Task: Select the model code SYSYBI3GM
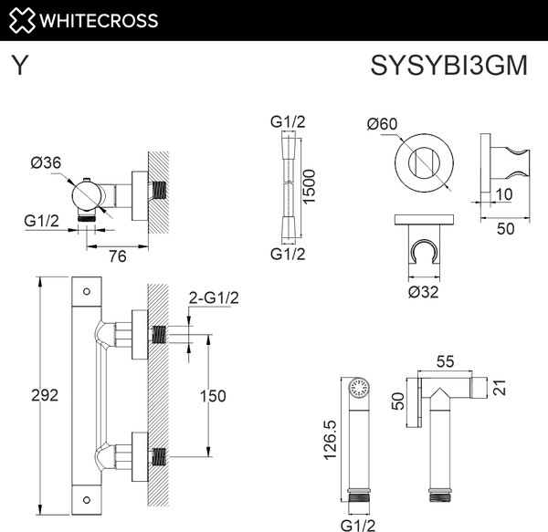coord(448,67)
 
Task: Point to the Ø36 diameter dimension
coord(45,162)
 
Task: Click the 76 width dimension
coord(117,256)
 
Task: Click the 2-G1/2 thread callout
coord(212,297)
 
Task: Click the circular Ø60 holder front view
coord(424,164)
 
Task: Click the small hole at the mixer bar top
coord(86,293)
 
